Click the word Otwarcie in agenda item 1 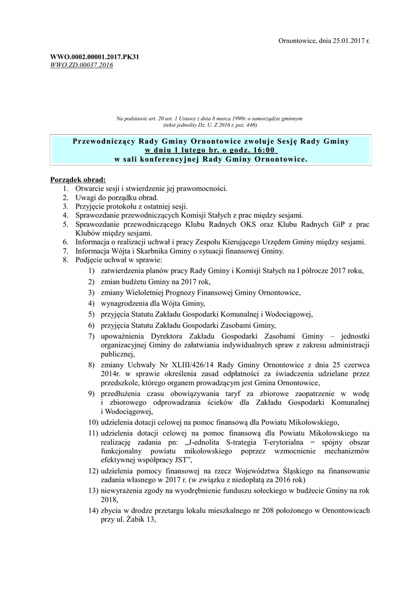(90, 189)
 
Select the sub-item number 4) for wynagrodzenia (92, 303)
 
